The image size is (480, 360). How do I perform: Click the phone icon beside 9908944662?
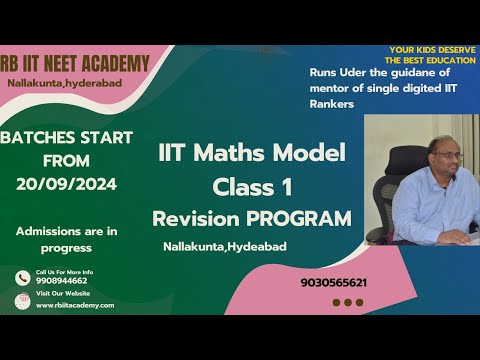tap(22, 279)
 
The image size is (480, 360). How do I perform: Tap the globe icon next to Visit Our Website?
tap(22, 301)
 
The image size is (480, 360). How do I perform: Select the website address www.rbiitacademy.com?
tap(75, 305)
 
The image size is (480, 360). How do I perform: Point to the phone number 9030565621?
tap(333, 282)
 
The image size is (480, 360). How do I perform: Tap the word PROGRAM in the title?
tap(302, 217)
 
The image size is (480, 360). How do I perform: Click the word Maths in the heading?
tap(237, 154)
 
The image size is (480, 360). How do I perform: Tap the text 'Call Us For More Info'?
tap(64, 272)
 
